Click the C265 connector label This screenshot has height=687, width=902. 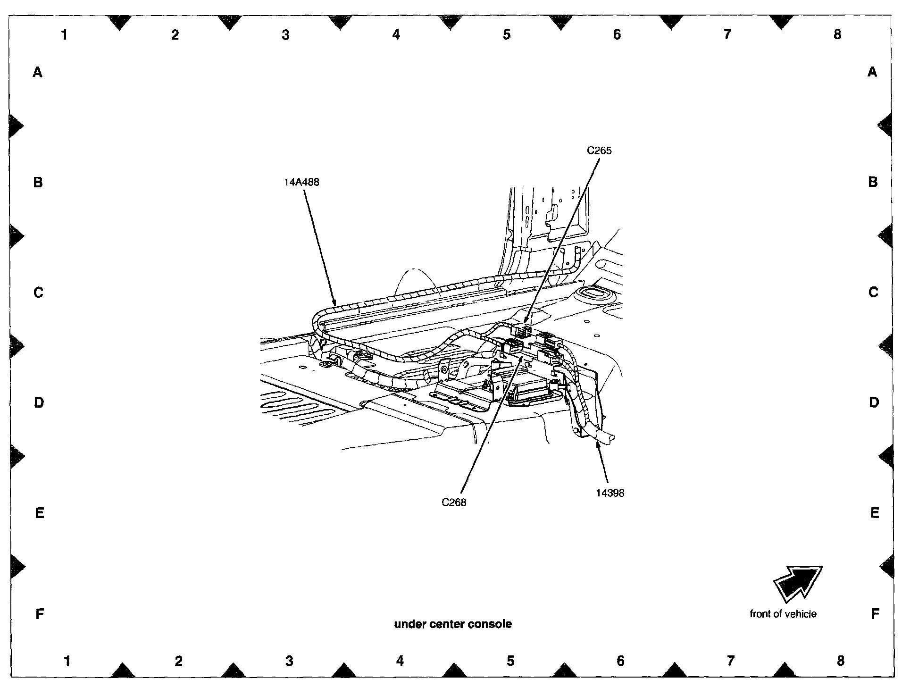pyautogui.click(x=599, y=151)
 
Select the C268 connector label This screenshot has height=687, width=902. pyautogui.click(x=454, y=503)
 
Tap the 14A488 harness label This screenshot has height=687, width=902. pyautogui.click(x=301, y=182)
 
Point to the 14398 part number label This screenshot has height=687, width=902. pyautogui.click(x=610, y=493)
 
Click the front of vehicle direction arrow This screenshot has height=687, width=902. pyautogui.click(x=798, y=583)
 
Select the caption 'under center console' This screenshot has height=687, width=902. pyautogui.click(x=453, y=624)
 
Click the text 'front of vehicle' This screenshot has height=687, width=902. pyautogui.click(x=783, y=614)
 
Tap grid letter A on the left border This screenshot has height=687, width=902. pyautogui.click(x=38, y=72)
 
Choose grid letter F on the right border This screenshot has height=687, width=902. pyautogui.click(x=875, y=614)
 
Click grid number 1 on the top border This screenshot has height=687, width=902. pyautogui.click(x=65, y=34)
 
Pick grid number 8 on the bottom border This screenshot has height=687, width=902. pyautogui.click(x=840, y=661)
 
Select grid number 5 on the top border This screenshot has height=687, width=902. pyautogui.click(x=507, y=34)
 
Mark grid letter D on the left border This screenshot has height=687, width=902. pyautogui.click(x=39, y=402)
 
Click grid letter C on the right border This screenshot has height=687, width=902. pyautogui.click(x=873, y=293)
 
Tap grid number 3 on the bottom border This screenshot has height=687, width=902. pyautogui.click(x=289, y=661)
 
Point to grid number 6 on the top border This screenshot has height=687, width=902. pyautogui.click(x=617, y=34)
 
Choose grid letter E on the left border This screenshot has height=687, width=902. pyautogui.click(x=40, y=513)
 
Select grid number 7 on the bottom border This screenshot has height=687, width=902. pyautogui.click(x=730, y=661)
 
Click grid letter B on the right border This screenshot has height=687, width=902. pyautogui.click(x=873, y=182)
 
